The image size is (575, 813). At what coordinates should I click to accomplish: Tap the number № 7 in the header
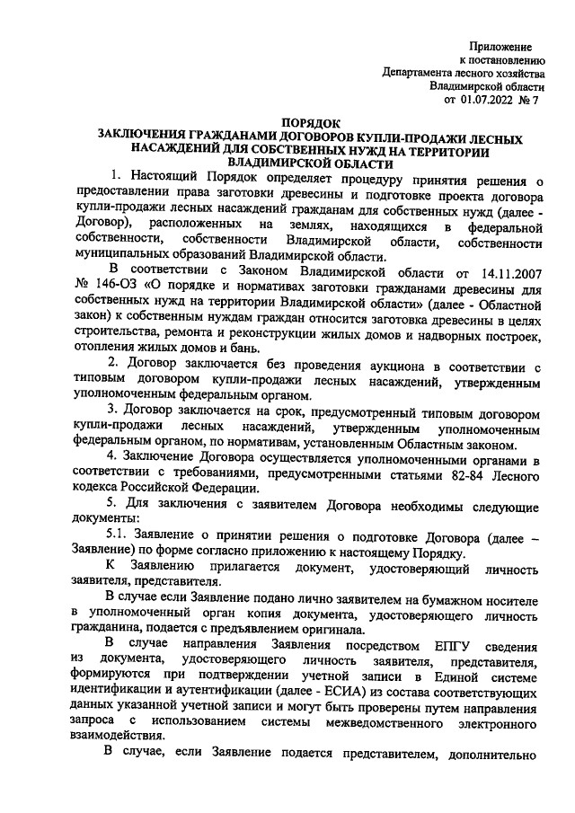pos(532,101)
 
